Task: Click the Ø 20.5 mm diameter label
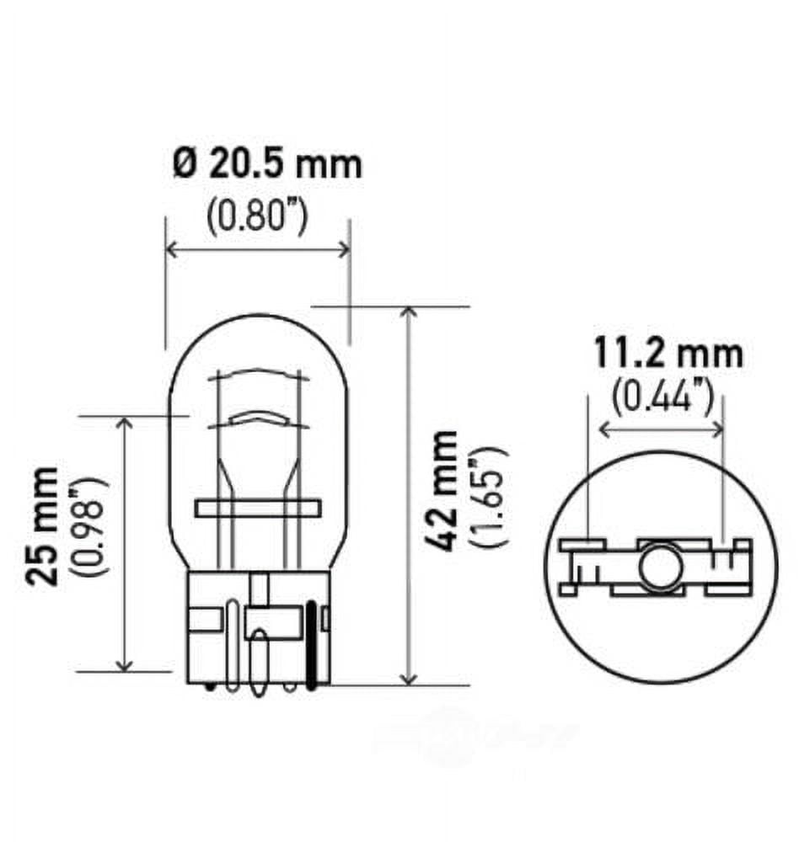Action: coord(267,164)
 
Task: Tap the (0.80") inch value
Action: coord(256,218)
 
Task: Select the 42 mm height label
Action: coord(442,491)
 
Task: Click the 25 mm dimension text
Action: coord(43,525)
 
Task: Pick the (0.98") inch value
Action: coord(91,525)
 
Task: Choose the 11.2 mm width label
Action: coord(668,354)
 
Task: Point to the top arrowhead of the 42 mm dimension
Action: coord(409,313)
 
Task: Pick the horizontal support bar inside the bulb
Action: coord(258,509)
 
